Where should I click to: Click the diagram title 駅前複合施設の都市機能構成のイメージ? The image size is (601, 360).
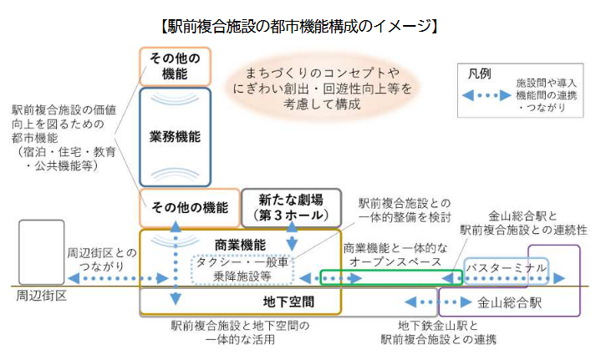pos(298,26)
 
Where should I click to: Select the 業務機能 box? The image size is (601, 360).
pos(175,135)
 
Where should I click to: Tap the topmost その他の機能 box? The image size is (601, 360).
pos(175,67)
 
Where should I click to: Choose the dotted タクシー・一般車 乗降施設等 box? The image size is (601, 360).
pos(242,268)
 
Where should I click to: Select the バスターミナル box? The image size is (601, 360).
pos(507,267)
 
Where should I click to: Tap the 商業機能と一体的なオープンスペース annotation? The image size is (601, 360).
pos(395,256)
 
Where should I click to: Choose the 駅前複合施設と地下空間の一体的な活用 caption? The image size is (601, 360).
pos(239,332)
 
